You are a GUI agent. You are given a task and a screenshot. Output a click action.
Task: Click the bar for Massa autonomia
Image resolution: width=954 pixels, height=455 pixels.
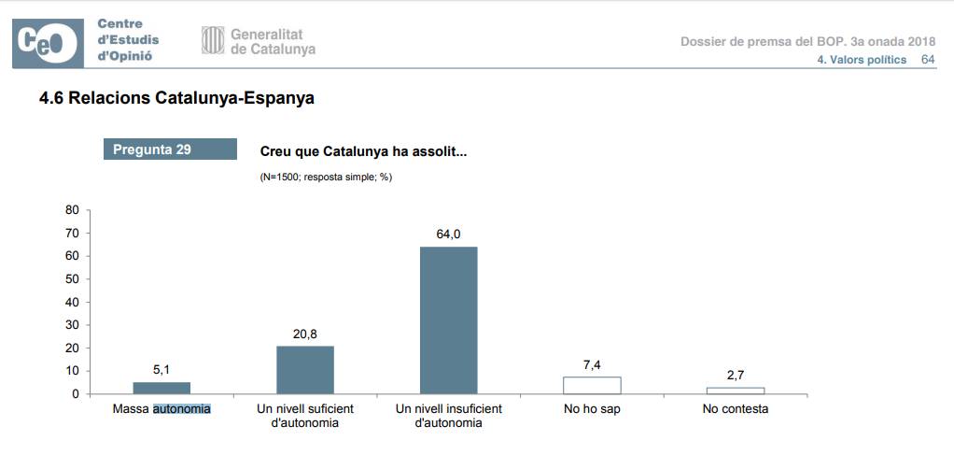[x=161, y=388]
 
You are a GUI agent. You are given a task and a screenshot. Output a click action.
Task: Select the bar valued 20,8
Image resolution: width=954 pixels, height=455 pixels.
[x=305, y=370]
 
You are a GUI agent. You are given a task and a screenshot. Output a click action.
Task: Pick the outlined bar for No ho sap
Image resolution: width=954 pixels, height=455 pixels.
[x=592, y=385]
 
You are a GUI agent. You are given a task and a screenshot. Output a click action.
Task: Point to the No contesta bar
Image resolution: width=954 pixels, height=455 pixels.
[x=736, y=391]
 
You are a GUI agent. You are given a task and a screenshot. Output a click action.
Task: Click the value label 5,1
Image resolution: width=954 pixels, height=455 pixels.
[x=161, y=371]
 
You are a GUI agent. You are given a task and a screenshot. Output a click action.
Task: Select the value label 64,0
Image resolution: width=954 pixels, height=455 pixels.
[x=448, y=234]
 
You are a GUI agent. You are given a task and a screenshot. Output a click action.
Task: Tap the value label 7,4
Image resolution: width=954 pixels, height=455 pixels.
[x=592, y=364]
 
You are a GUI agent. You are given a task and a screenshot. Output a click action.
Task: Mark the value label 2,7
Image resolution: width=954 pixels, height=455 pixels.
[x=736, y=376]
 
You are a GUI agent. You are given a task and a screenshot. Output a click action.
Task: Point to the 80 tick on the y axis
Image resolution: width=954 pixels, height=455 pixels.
[x=72, y=210]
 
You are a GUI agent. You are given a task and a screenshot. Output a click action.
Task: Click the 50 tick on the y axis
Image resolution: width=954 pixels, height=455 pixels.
[x=72, y=279]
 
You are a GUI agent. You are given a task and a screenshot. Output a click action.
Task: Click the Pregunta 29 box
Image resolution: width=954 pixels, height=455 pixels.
[x=170, y=149]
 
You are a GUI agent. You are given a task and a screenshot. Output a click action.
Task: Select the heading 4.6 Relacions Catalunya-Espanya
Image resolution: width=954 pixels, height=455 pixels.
[x=176, y=98]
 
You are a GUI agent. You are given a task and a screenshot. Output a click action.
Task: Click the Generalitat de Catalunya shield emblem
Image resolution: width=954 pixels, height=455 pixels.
[x=213, y=40]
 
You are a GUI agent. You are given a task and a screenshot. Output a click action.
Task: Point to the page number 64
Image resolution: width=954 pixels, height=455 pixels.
[x=928, y=59]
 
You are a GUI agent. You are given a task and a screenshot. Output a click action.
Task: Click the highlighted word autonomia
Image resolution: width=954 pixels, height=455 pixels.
[x=182, y=409]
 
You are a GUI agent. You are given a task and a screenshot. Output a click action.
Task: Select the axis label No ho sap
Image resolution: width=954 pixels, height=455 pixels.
[x=592, y=409]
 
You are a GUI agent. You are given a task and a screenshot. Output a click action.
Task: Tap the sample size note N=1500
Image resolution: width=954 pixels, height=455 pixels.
[x=325, y=177]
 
